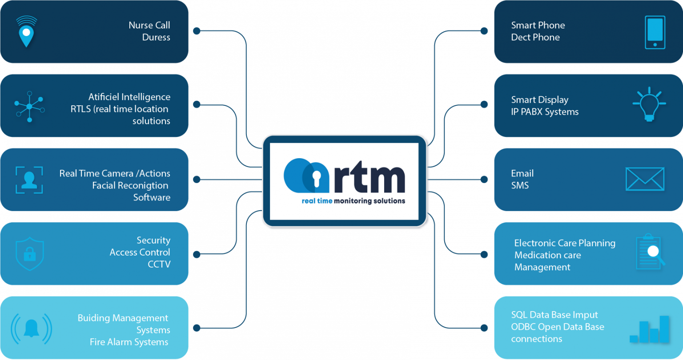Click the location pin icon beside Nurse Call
(26, 32)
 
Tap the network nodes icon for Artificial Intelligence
(29, 106)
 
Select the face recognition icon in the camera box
(29, 180)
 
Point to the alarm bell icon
(31, 328)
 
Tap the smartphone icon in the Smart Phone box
(655, 32)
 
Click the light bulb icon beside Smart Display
(649, 104)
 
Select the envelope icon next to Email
(645, 179)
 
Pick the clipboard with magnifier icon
(650, 252)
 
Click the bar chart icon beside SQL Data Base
(650, 329)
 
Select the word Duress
(156, 37)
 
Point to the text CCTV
(159, 264)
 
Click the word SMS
(520, 185)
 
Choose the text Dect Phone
(535, 37)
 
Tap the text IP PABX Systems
(545, 112)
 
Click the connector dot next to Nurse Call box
(197, 31)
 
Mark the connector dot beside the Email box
(484, 180)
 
